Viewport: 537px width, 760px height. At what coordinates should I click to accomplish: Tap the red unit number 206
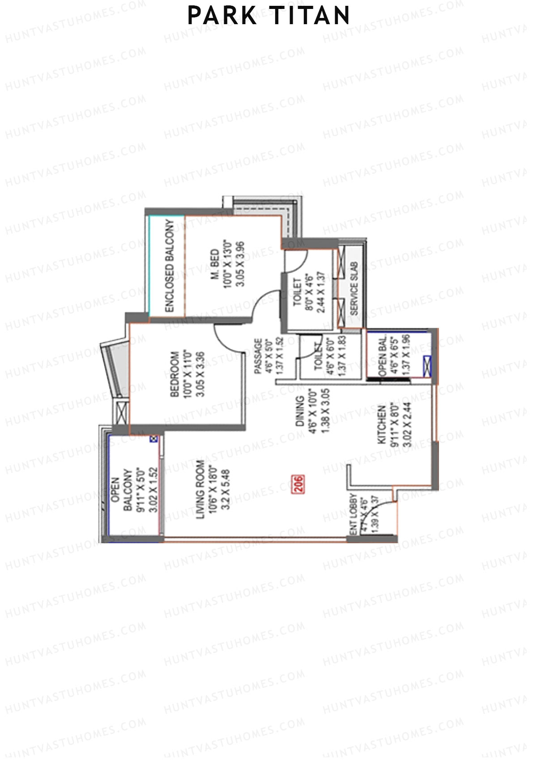pyautogui.click(x=298, y=484)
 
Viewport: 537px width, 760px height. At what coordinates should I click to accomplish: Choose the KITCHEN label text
pyautogui.click(x=382, y=425)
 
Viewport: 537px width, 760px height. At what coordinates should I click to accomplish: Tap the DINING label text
pyautogui.click(x=299, y=411)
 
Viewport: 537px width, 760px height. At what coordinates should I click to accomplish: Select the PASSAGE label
pyautogui.click(x=258, y=356)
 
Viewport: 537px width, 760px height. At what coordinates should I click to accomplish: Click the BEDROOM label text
pyautogui.click(x=175, y=374)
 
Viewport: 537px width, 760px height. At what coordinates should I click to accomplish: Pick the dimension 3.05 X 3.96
pyautogui.click(x=240, y=264)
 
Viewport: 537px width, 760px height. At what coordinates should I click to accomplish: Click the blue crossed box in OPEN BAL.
pyautogui.click(x=427, y=365)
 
